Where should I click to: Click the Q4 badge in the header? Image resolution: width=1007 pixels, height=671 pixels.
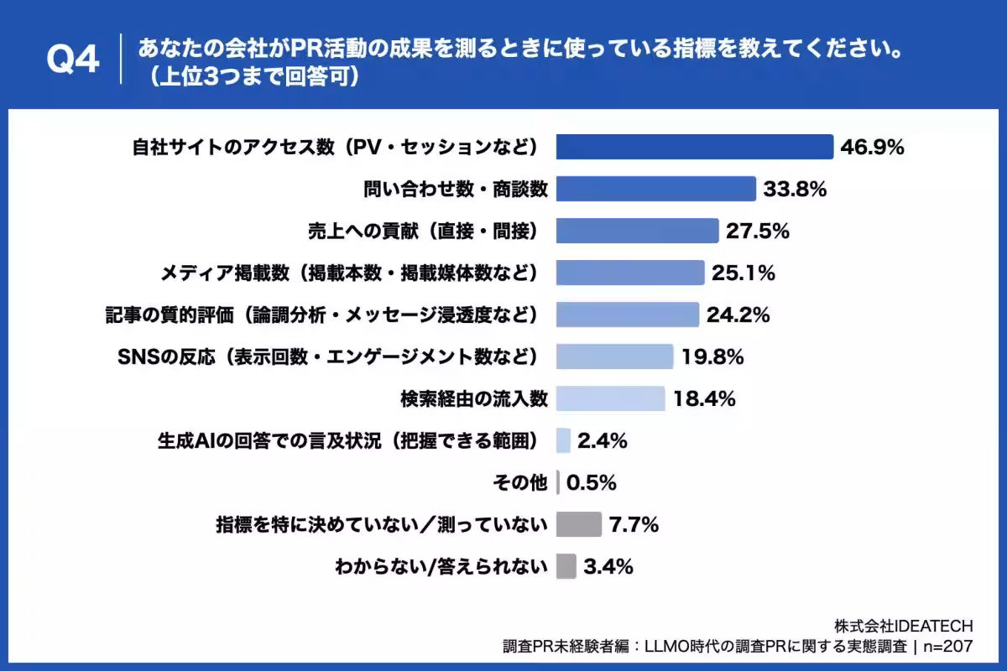pos(73,60)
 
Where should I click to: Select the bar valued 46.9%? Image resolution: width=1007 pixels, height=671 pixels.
pos(694,147)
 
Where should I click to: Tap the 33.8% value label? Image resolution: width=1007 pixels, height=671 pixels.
pos(795,190)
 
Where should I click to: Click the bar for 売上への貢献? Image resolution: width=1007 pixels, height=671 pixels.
pos(637,231)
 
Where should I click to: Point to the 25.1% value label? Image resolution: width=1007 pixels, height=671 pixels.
pos(743,273)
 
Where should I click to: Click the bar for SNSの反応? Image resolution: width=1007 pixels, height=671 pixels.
pos(614,356)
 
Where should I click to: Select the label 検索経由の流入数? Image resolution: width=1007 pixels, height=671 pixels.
pos(476,398)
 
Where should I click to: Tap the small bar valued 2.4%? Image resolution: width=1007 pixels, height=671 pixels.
pos(563,440)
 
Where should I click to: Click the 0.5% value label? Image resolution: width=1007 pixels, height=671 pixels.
pos(592,482)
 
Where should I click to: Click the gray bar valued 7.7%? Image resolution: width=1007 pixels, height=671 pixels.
pos(579,524)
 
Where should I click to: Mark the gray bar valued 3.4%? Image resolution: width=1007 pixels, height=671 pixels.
pos(566,566)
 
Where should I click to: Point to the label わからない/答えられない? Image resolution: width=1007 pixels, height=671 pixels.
pos(441,566)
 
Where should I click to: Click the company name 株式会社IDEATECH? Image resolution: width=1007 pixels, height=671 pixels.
pos(904,627)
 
